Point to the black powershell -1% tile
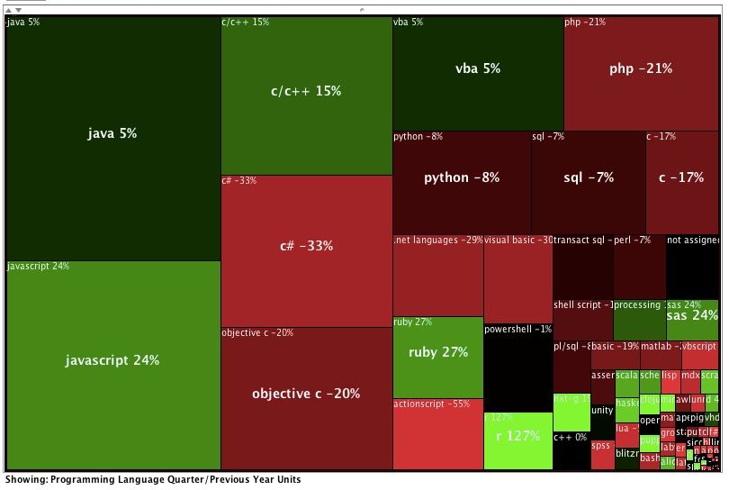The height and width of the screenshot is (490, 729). pyautogui.click(x=517, y=369)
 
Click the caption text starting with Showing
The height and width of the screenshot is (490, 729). pyautogui.click(x=153, y=480)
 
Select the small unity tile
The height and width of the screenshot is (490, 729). pyautogui.click(x=602, y=411)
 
